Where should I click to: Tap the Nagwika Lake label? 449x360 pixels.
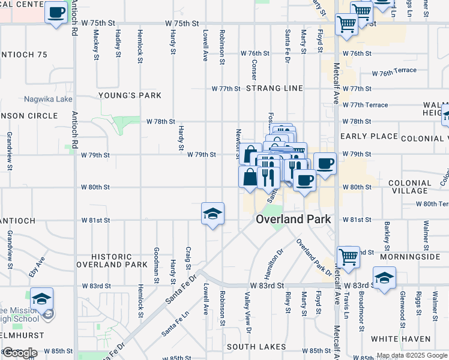click(48, 99)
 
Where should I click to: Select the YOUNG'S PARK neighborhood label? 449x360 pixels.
click(130, 95)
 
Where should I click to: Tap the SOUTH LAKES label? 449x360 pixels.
click(256, 347)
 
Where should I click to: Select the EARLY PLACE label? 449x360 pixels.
click(369, 136)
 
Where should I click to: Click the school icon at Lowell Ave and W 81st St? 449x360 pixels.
click(212, 214)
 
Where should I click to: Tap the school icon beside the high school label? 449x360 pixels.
click(41, 299)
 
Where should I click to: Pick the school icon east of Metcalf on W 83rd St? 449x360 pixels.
click(384, 278)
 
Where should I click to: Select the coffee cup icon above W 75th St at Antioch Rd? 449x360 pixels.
click(56, 12)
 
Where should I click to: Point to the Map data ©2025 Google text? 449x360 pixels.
click(412, 355)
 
